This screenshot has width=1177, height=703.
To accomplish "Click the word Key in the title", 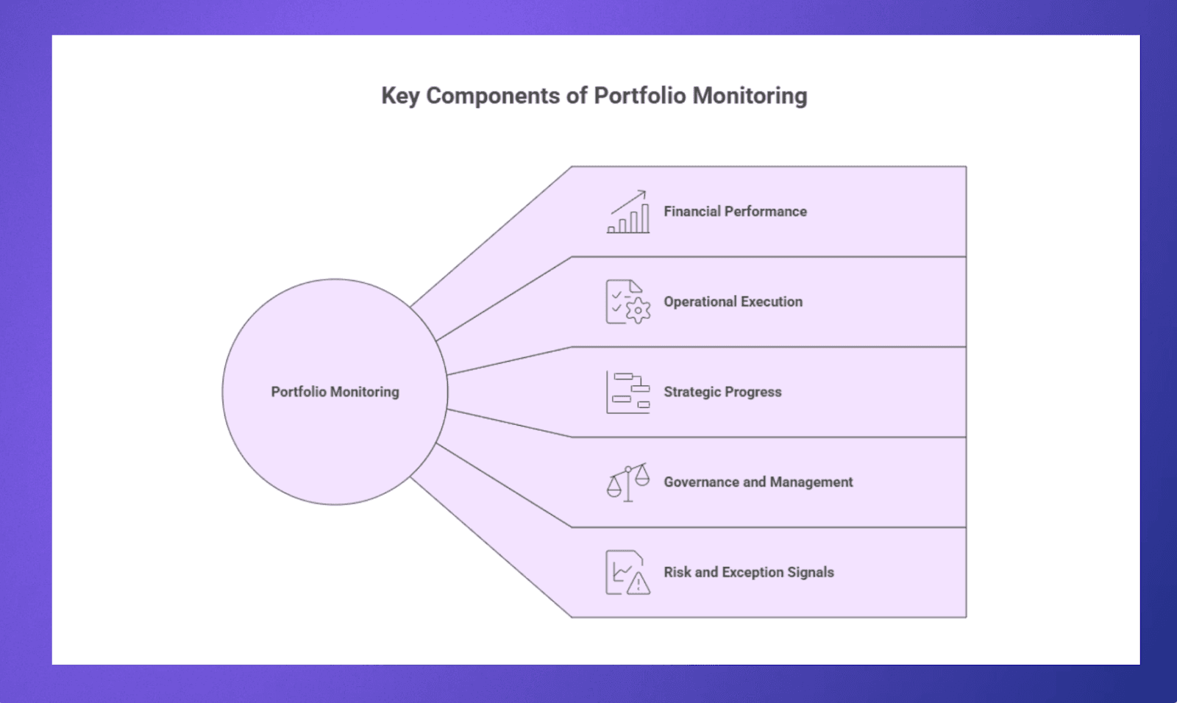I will click(399, 96).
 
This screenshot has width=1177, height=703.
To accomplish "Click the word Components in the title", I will click(492, 96).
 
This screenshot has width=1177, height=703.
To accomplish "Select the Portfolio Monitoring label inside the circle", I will click(335, 392).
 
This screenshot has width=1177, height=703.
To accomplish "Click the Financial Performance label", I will click(735, 212).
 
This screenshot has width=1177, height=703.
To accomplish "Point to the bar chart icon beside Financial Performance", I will click(628, 213).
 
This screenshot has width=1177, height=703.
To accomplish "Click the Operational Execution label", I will click(733, 301).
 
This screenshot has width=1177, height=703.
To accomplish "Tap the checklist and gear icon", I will click(628, 302).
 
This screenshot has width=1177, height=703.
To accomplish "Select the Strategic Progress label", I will click(722, 392).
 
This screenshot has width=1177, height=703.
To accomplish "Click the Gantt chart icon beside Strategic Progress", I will click(628, 392).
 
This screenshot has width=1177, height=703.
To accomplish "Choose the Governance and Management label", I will click(758, 482).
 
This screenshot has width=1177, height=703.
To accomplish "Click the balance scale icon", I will click(628, 482).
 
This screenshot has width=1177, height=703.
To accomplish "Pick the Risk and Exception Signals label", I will click(748, 572).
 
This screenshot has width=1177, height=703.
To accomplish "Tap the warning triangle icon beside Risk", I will click(638, 584).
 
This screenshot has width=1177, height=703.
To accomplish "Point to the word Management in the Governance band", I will click(811, 482).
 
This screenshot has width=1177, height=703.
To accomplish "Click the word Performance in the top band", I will click(765, 212).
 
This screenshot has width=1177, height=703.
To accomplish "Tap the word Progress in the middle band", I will click(753, 392).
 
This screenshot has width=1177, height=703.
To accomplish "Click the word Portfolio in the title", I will click(640, 96).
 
